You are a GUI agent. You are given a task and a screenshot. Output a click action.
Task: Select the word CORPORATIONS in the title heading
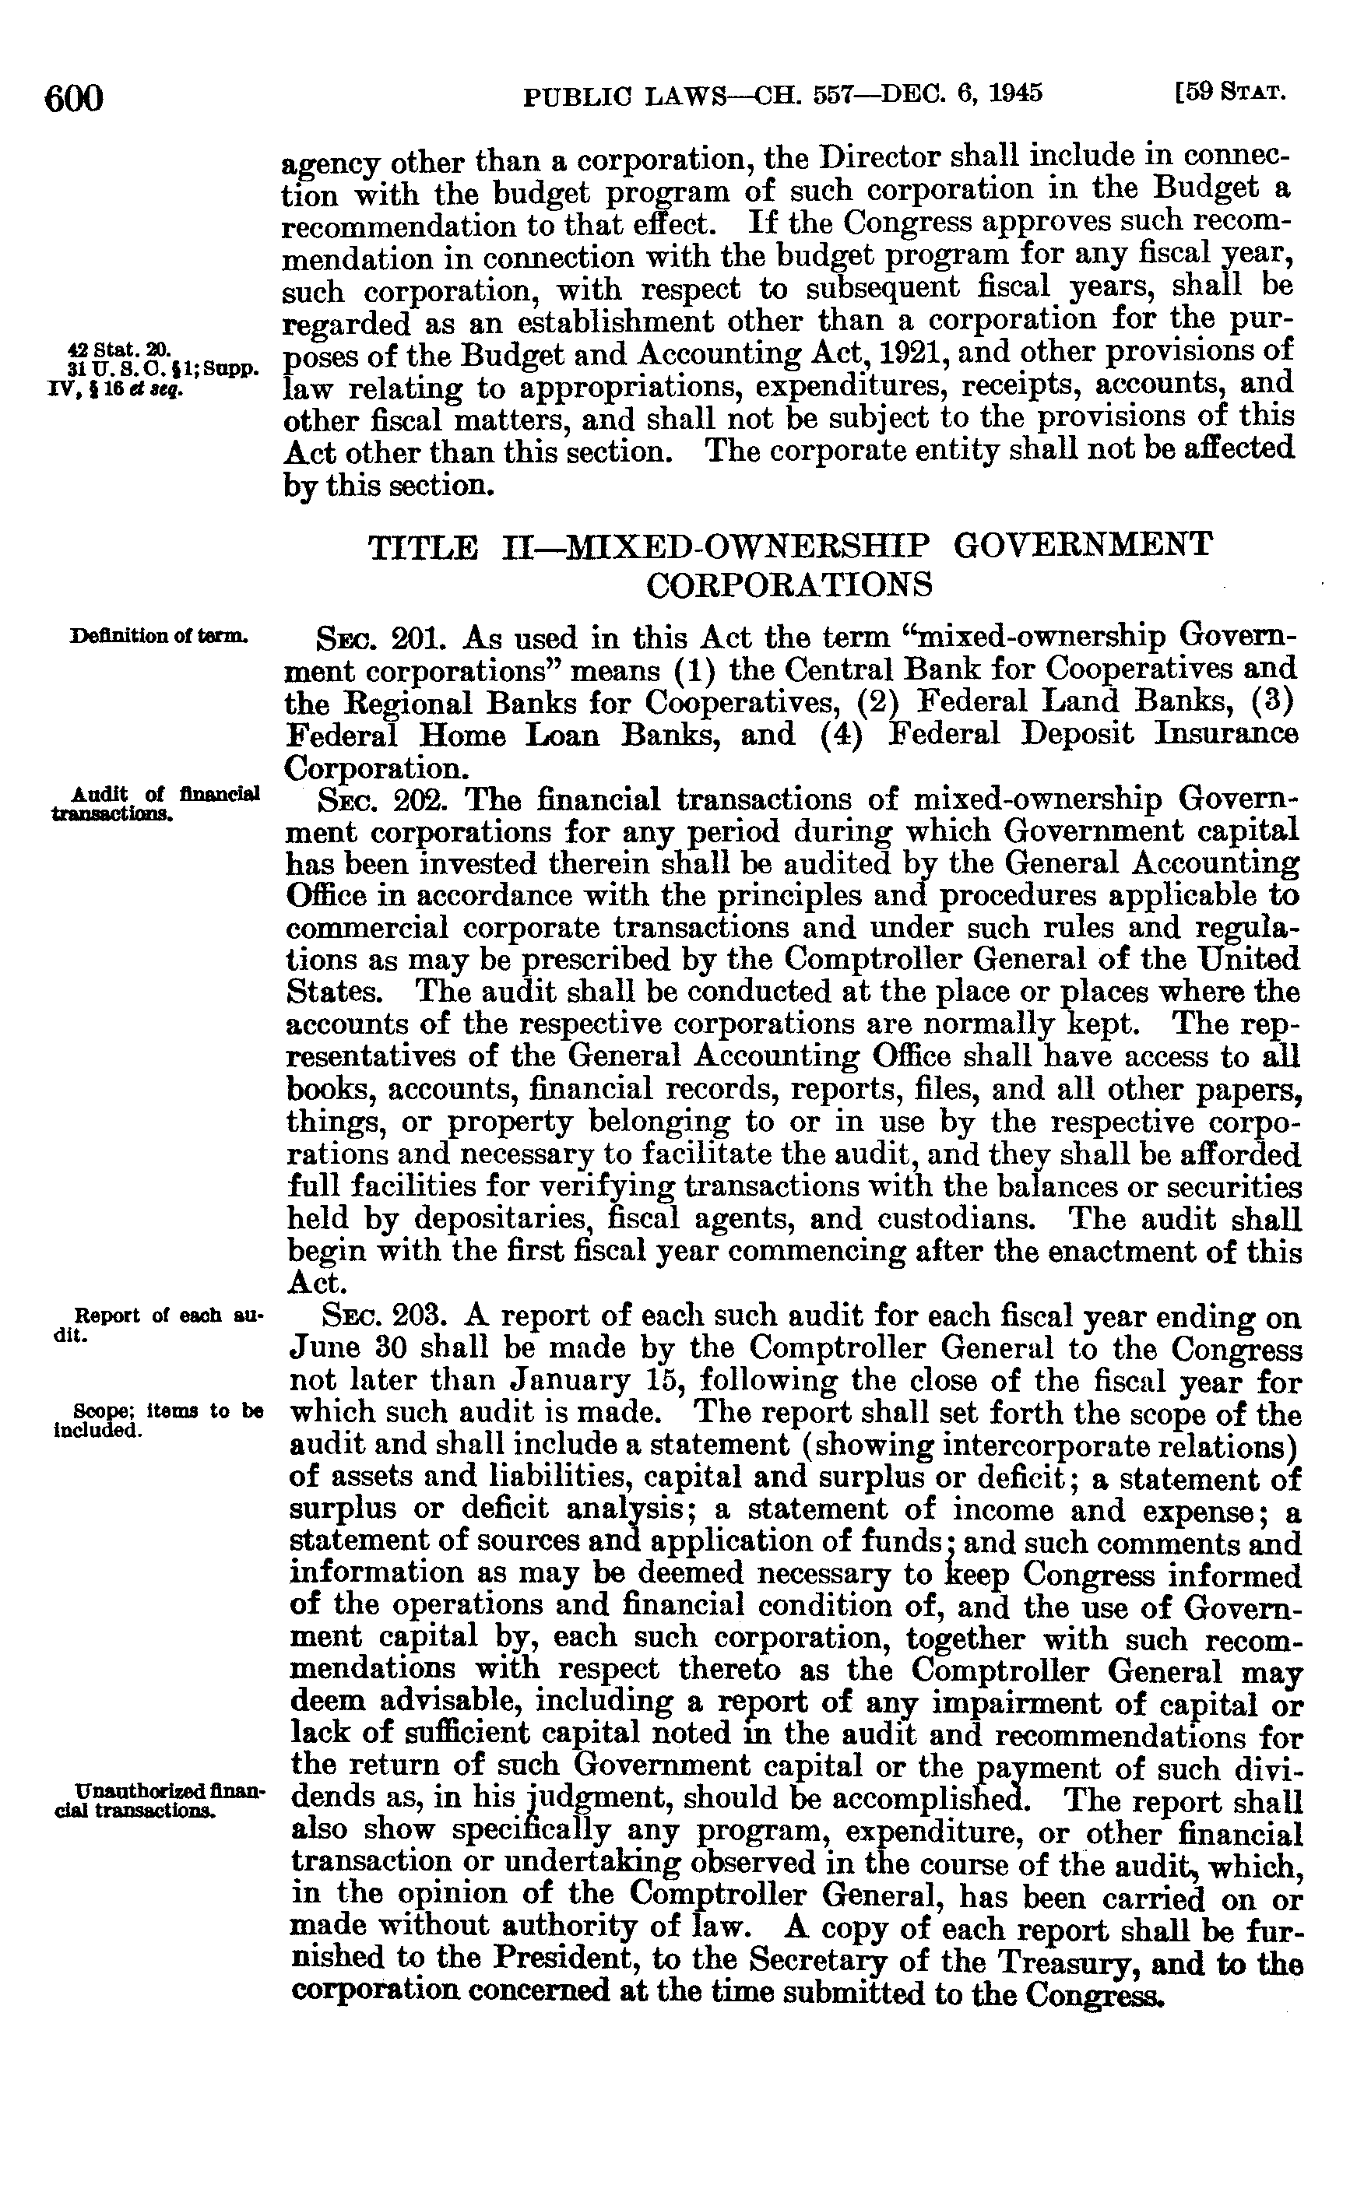pos(789,585)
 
